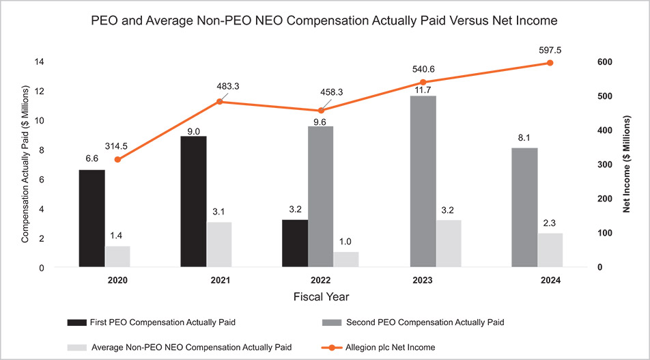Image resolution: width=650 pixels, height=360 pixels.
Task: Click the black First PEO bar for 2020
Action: pyautogui.click(x=91, y=218)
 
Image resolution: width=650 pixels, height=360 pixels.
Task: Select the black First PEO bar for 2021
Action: pyautogui.click(x=193, y=202)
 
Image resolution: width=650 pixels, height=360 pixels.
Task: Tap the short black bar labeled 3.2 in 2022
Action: pyautogui.click(x=295, y=243)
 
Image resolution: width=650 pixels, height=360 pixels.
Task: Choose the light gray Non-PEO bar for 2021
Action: pyautogui.click(x=218, y=245)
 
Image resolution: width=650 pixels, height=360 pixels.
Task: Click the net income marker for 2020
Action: pyautogui.click(x=117, y=160)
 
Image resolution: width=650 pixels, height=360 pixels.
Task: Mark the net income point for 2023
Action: pyautogui.click(x=422, y=83)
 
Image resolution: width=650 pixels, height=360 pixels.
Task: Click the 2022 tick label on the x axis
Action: pyautogui.click(x=320, y=280)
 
